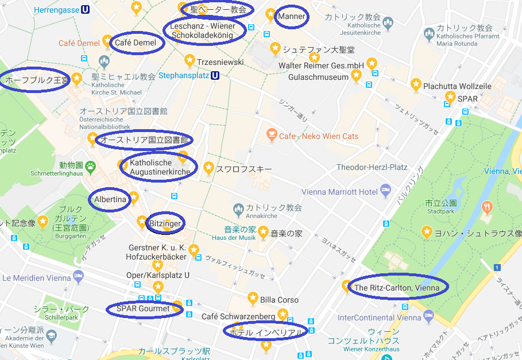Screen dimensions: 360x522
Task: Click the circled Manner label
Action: (x=292, y=17)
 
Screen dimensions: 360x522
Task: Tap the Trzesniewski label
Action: (x=220, y=62)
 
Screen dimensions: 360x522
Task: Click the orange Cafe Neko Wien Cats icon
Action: (x=271, y=136)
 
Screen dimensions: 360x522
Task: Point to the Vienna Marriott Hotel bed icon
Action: (x=386, y=191)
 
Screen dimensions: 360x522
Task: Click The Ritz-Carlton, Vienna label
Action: (x=397, y=288)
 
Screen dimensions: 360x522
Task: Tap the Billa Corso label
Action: (x=279, y=300)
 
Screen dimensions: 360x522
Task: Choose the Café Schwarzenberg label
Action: (x=238, y=316)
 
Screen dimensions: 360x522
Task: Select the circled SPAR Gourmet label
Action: (x=143, y=309)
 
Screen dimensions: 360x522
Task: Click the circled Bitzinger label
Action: (x=165, y=223)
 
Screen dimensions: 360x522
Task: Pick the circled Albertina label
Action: (x=110, y=199)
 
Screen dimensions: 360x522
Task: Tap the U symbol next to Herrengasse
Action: (x=85, y=10)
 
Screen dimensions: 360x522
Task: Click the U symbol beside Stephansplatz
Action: (x=215, y=75)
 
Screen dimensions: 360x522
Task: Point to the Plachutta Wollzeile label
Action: (x=457, y=86)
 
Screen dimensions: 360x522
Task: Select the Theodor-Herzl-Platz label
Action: (x=372, y=168)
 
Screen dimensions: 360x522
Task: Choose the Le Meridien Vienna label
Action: (x=37, y=278)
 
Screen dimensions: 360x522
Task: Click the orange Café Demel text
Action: (x=79, y=43)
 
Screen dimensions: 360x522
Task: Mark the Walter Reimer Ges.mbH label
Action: (x=321, y=65)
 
